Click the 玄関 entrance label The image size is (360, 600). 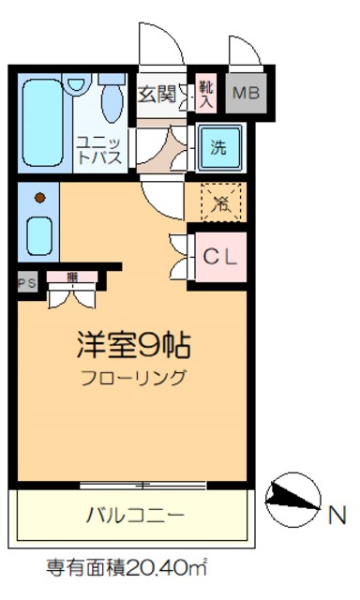click(x=157, y=94)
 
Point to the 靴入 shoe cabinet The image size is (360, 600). click(x=206, y=93)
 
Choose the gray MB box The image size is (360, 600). click(x=246, y=93)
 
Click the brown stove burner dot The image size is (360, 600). click(x=40, y=198)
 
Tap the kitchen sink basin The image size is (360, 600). click(x=39, y=235)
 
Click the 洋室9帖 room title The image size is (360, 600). click(x=133, y=345)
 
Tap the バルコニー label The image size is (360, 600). click(x=135, y=515)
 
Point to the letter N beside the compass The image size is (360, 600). click(x=337, y=515)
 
